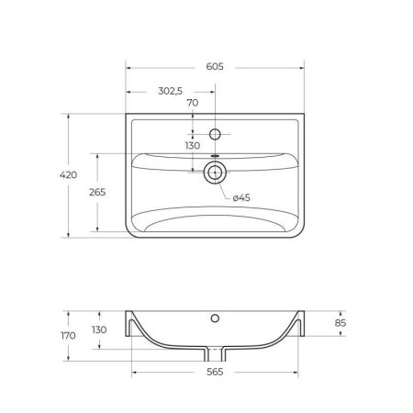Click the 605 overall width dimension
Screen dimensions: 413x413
214,67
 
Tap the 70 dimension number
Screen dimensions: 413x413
193,103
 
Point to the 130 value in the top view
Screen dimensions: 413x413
192,146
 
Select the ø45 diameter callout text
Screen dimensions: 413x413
240,198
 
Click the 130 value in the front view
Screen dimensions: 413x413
99,330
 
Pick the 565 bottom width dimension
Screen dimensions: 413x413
214,373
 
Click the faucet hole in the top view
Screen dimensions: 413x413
215,134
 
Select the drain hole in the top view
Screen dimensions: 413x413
215,171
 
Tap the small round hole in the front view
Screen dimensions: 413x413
215,318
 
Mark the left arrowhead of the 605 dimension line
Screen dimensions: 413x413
128,67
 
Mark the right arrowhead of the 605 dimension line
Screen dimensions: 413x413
301,67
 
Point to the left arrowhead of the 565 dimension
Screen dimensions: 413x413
135,374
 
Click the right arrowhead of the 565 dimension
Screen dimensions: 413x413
295,374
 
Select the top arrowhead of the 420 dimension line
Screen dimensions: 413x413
68,116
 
